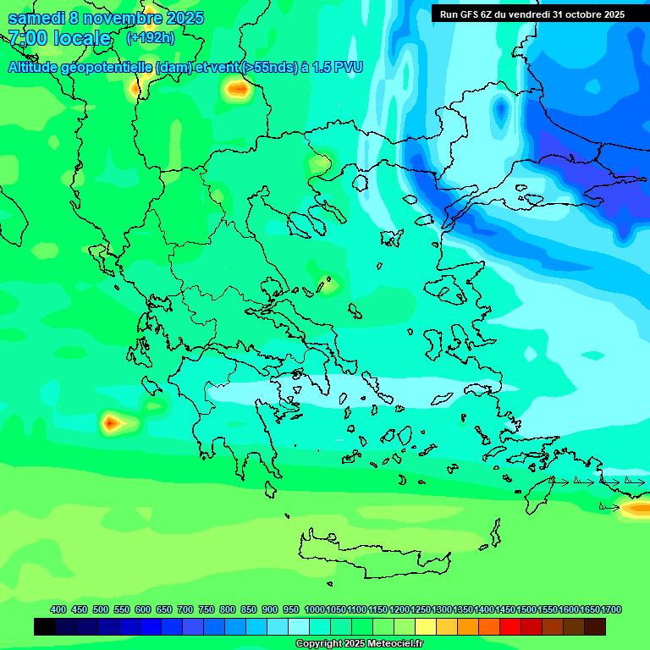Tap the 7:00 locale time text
point(59,38)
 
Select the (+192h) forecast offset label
point(150,37)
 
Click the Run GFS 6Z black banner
point(532,14)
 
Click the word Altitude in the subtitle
point(38,67)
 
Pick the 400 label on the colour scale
point(58,609)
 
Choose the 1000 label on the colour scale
point(314,609)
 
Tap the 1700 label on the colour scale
point(611,609)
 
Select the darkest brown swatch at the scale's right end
point(595,626)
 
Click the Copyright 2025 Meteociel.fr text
point(359,643)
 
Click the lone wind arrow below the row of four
point(609,507)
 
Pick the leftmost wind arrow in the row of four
point(559,481)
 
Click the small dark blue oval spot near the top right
point(501,109)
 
